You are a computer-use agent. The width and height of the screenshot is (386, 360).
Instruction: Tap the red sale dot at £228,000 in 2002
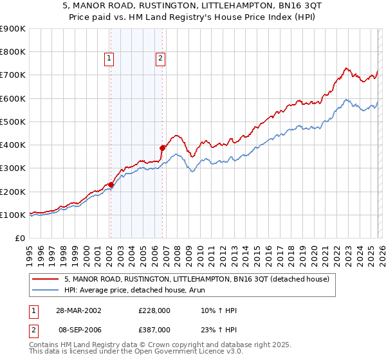click(111, 184)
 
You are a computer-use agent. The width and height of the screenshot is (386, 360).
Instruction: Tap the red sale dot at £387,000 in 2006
click(163, 148)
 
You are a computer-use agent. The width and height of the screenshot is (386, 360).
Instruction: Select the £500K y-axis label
click(13, 122)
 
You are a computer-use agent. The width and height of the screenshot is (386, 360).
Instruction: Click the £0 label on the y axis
click(19, 238)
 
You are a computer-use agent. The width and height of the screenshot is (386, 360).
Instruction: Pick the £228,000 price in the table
click(154, 310)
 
